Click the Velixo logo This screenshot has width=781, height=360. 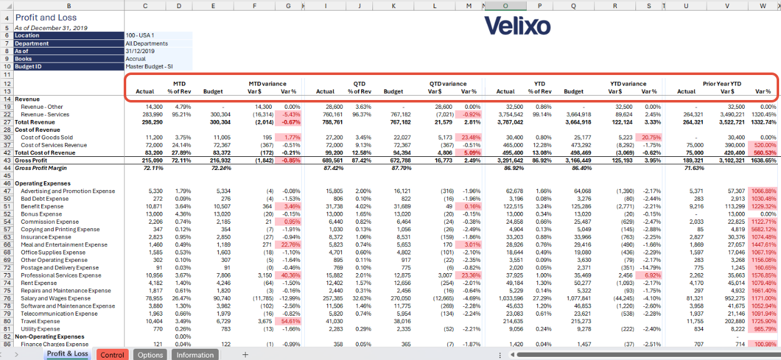tap(517, 26)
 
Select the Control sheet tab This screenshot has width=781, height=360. tap(112, 355)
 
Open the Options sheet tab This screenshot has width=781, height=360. tap(150, 355)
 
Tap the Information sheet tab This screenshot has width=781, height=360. tap(195, 355)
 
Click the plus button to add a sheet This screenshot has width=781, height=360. tap(245, 355)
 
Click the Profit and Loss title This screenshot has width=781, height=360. tap(46, 17)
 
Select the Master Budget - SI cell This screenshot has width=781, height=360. tap(149, 66)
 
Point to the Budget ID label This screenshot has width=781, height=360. tap(28, 66)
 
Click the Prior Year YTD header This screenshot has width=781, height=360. tap(722, 84)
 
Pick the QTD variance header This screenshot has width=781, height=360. tap(448, 84)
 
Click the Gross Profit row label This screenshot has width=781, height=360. tap(31, 161)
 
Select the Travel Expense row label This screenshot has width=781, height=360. tap(40, 321)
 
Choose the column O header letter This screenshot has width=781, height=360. tap(505, 6)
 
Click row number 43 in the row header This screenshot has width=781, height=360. tap(7, 161)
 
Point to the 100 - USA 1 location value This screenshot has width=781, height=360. tap(140, 35)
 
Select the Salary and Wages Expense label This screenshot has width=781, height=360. tap(56, 298)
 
